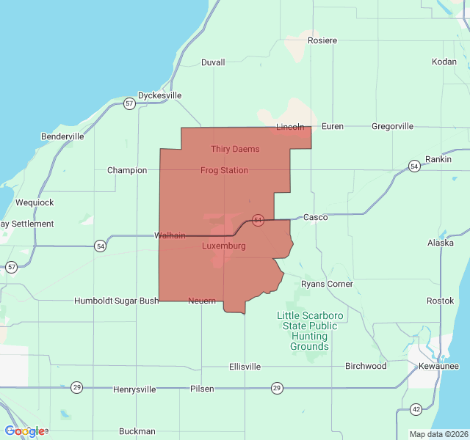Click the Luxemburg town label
point(223,246)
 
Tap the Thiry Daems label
point(235,149)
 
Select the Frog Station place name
point(224,170)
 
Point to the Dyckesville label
point(159,95)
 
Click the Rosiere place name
point(322,40)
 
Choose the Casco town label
point(315,217)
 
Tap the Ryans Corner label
point(327,284)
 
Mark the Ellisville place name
point(245,366)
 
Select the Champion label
point(127,170)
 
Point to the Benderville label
point(62,136)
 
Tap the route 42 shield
point(416,408)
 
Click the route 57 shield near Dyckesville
point(129,103)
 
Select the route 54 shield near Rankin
point(415,166)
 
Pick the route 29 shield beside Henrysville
point(76,387)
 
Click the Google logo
point(25,431)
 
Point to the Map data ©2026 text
point(438,434)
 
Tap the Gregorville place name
point(392,126)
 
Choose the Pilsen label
point(202,389)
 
